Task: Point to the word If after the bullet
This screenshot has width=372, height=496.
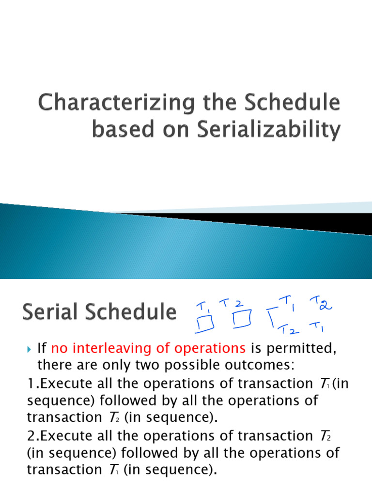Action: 42,348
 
